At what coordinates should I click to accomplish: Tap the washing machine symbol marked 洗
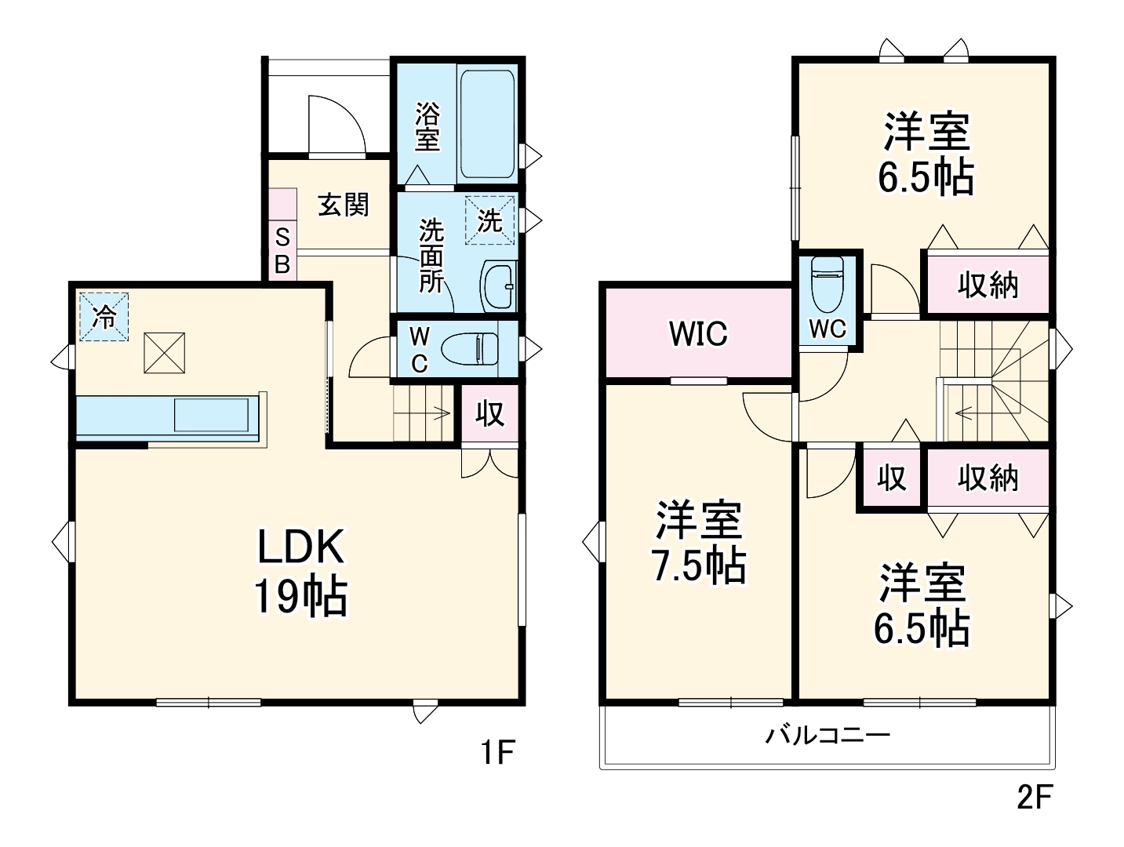pos(489,220)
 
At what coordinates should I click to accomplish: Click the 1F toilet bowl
pos(470,347)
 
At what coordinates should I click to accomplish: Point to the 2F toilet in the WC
pos(828,284)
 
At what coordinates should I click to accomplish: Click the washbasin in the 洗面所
pos(497,286)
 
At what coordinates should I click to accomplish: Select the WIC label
pos(698,334)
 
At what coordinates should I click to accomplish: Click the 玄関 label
pos(343,205)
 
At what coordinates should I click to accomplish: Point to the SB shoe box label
pos(282,250)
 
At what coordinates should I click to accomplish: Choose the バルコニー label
pos(828,736)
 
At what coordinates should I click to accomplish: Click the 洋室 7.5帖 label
pos(698,542)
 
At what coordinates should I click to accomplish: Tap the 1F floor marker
pos(497,753)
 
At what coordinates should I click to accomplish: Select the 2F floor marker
pos(1034,797)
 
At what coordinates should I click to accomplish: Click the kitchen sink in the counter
pos(212,415)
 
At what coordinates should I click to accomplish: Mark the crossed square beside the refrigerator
pos(164,353)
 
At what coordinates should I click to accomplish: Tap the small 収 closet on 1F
pos(489,413)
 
